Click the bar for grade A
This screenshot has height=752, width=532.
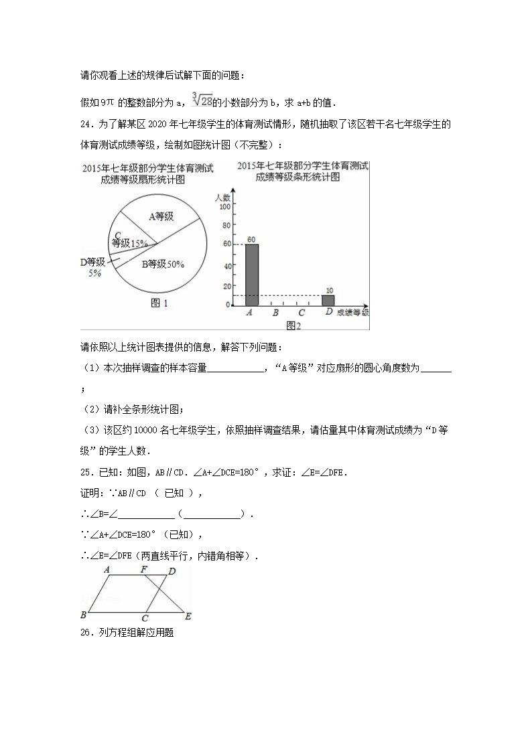[x=252, y=275]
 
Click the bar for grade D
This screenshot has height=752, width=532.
[x=328, y=300]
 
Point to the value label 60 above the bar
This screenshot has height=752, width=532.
[x=251, y=239]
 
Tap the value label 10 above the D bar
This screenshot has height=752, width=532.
[x=329, y=290]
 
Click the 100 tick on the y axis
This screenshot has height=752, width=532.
[x=225, y=207]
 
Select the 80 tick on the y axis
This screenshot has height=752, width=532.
[x=226, y=226]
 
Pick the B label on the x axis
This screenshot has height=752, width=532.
[x=275, y=312]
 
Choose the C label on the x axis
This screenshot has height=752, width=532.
[x=302, y=312]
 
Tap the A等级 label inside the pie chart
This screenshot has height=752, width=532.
[x=161, y=216]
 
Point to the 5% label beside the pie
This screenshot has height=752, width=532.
[x=94, y=273]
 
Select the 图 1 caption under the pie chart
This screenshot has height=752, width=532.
[x=159, y=303]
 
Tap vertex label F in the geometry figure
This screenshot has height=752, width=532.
[x=144, y=569]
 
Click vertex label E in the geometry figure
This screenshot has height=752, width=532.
[x=188, y=616]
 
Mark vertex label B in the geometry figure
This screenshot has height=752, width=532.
[x=83, y=615]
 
